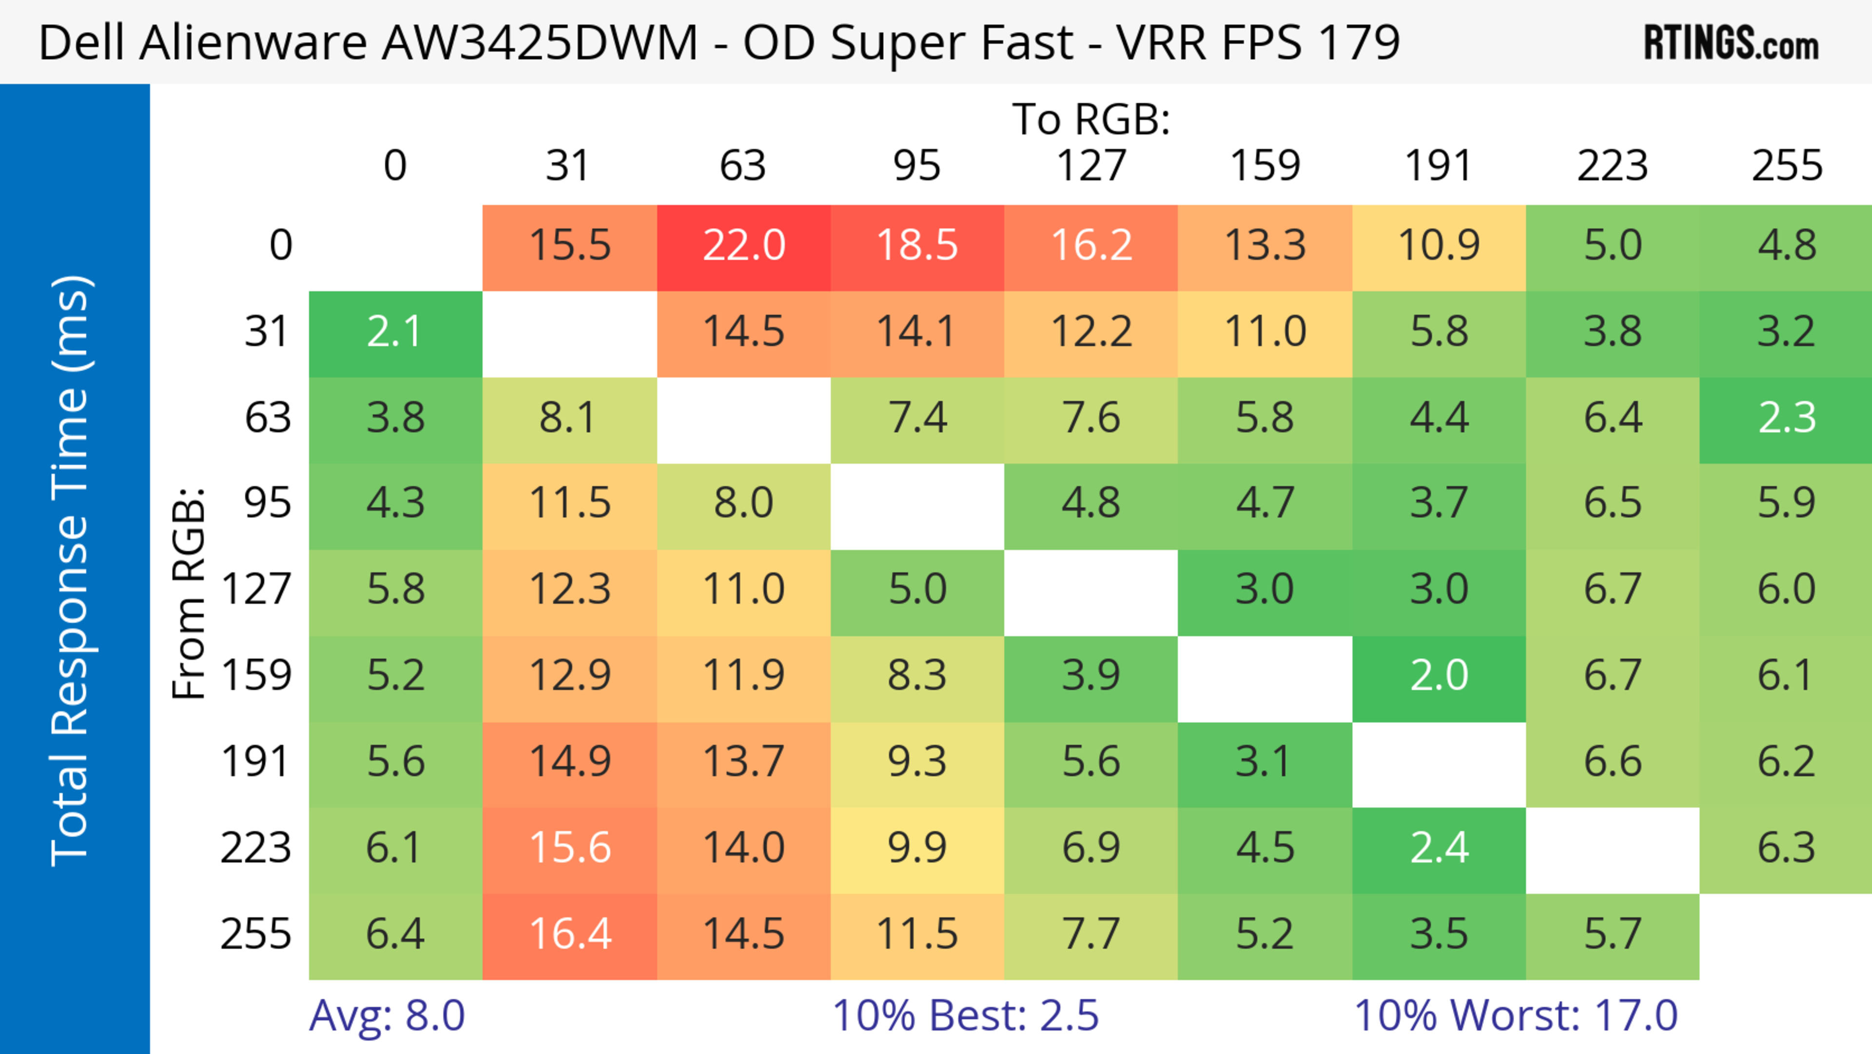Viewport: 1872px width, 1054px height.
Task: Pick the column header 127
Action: coord(1091,166)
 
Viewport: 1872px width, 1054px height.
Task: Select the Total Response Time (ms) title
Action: coord(71,571)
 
